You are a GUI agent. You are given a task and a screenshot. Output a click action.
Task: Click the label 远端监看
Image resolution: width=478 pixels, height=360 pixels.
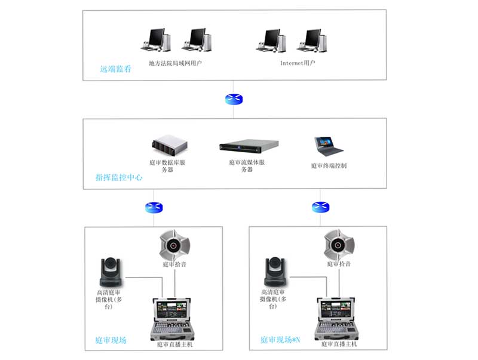pyautogui.click(x=115, y=69)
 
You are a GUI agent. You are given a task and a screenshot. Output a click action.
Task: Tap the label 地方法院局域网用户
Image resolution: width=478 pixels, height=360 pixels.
pyautogui.click(x=175, y=62)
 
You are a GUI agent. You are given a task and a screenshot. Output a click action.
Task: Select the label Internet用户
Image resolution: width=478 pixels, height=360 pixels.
pyautogui.click(x=298, y=62)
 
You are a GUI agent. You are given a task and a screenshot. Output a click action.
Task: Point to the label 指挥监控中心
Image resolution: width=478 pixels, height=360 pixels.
pyautogui.click(x=119, y=177)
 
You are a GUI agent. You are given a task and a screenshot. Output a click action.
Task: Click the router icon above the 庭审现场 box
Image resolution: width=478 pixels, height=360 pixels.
pyautogui.click(x=154, y=208)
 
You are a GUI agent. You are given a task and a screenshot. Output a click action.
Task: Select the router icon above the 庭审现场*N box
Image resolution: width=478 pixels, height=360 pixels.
pyautogui.click(x=320, y=207)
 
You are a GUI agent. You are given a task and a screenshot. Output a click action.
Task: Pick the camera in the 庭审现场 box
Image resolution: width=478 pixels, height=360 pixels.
pyautogui.click(x=113, y=272)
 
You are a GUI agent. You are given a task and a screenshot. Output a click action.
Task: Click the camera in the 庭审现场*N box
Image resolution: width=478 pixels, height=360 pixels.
pyautogui.click(x=277, y=272)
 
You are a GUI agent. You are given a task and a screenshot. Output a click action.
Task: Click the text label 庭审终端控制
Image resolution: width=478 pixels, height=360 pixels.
pyautogui.click(x=329, y=165)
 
